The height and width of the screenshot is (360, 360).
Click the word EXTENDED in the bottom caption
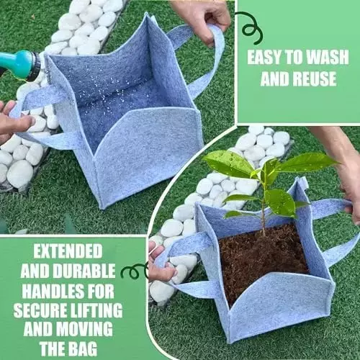click(x=68, y=251)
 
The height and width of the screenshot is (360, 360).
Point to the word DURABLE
click(x=84, y=271)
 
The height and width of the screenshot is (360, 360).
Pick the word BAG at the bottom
click(x=82, y=348)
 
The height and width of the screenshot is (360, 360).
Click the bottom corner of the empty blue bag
click(x=103, y=208)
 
